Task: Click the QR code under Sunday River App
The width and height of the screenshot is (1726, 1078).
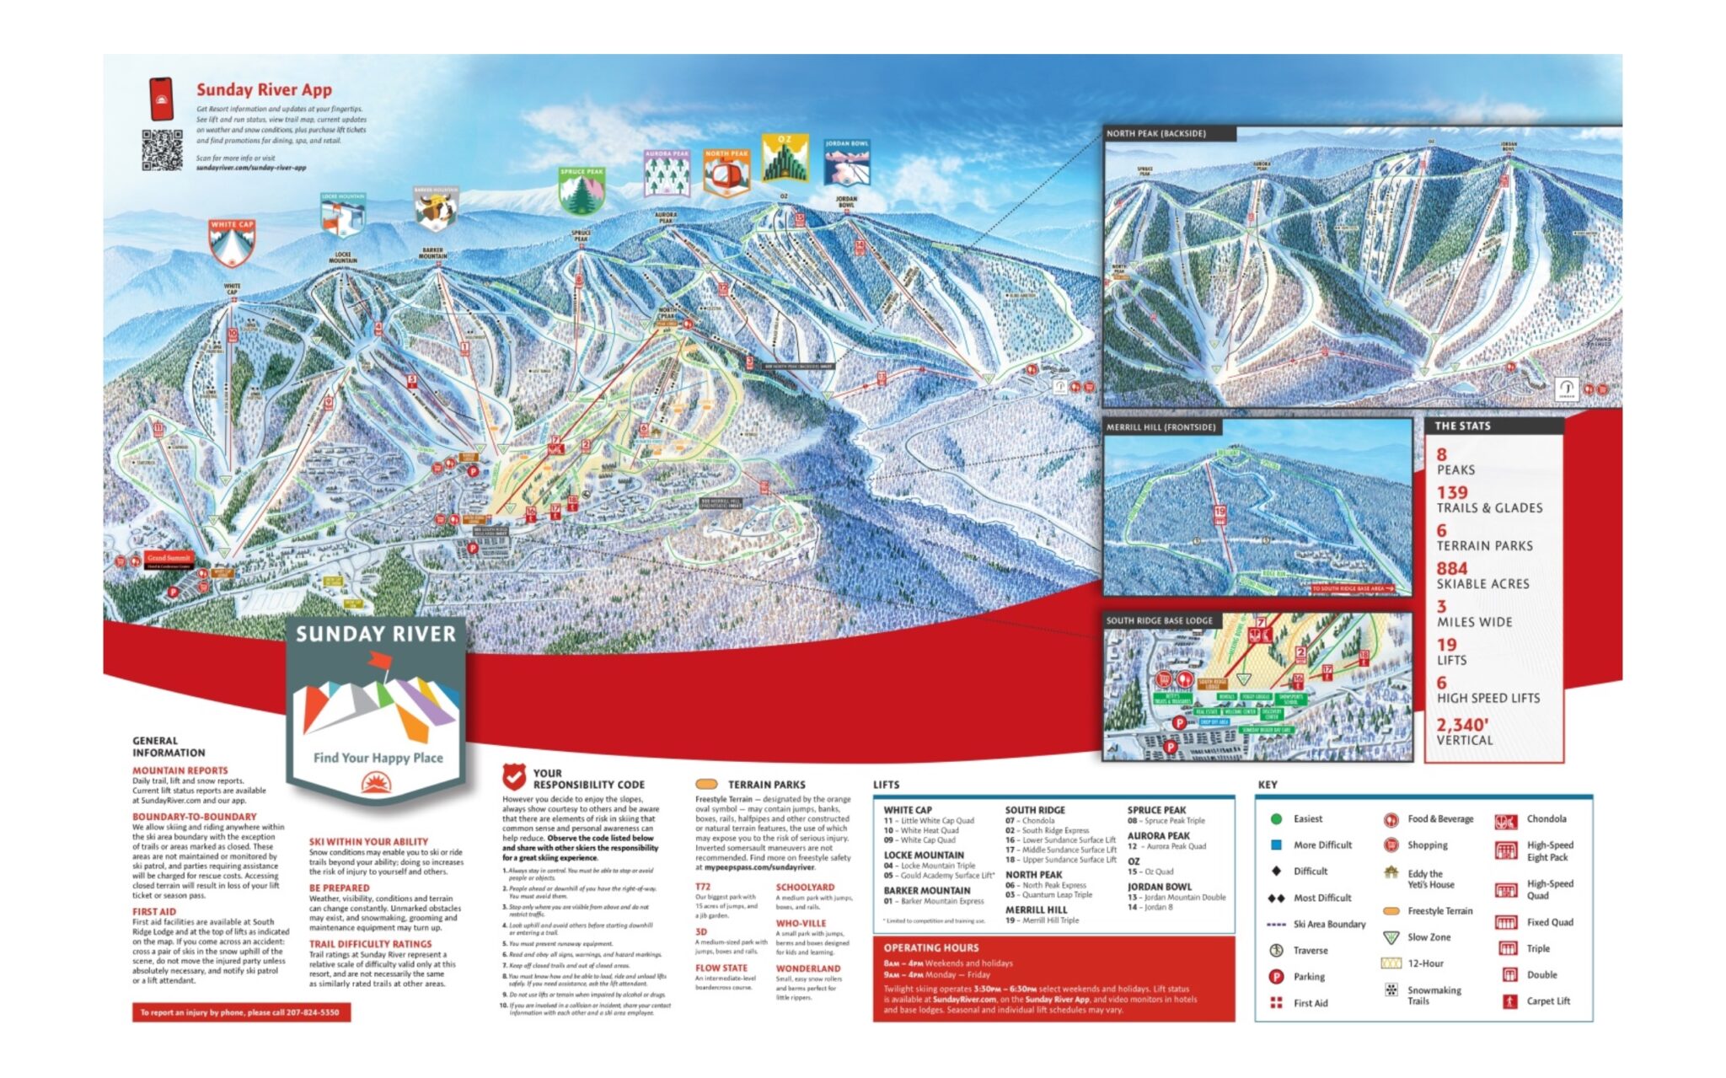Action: pyautogui.click(x=161, y=150)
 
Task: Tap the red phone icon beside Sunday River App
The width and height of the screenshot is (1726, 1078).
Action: pyautogui.click(x=161, y=99)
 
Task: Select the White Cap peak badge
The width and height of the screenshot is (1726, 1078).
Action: pyautogui.click(x=232, y=242)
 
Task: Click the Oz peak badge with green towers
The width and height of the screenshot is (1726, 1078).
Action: pyautogui.click(x=785, y=158)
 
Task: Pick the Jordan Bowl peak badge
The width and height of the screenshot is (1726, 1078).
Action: pyautogui.click(x=846, y=162)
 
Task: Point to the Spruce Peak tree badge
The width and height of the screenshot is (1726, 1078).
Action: pyautogui.click(x=582, y=190)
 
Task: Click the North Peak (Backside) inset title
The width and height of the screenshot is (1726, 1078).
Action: pyautogui.click(x=1156, y=133)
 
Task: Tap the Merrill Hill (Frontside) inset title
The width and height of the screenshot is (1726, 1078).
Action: pyautogui.click(x=1160, y=427)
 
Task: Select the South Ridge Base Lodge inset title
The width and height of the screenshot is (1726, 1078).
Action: pyautogui.click(x=1159, y=620)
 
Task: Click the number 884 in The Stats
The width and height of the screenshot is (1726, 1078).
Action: pyautogui.click(x=1452, y=569)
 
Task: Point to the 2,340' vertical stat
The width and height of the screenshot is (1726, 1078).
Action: pyautogui.click(x=1462, y=725)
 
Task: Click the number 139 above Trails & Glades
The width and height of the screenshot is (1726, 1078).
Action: pyautogui.click(x=1452, y=492)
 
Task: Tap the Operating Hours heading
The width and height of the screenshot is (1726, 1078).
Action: pyautogui.click(x=930, y=947)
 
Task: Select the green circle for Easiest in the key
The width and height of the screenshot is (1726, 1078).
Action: pyautogui.click(x=1276, y=818)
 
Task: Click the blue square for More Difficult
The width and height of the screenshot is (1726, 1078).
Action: pyautogui.click(x=1276, y=845)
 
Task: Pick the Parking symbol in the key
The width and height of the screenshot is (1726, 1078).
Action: pyautogui.click(x=1276, y=977)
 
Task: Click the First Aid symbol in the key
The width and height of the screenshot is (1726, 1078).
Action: pyautogui.click(x=1276, y=1003)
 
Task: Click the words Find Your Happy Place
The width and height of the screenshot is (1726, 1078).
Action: pyautogui.click(x=378, y=758)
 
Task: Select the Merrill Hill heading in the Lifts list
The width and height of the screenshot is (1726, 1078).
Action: pyautogui.click(x=1036, y=909)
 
